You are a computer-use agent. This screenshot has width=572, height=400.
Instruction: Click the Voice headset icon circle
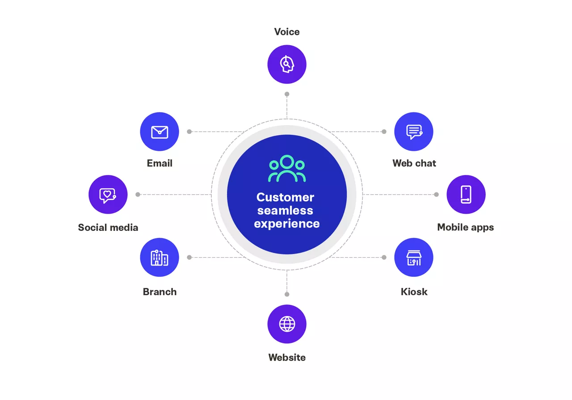pyautogui.click(x=287, y=64)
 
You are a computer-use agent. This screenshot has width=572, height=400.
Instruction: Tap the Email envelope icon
pyautogui.click(x=160, y=132)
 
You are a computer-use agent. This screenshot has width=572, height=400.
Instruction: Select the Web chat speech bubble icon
pyautogui.click(x=414, y=132)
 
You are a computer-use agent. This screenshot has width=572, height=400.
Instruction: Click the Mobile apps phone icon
pyautogui.click(x=466, y=195)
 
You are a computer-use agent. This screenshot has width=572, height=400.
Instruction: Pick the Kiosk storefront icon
pyautogui.click(x=414, y=258)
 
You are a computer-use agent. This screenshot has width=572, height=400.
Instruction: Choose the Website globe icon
pyautogui.click(x=287, y=324)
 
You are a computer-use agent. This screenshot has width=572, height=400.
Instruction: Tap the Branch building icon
pyautogui.click(x=160, y=258)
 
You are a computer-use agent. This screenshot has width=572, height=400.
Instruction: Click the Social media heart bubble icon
pyautogui.click(x=108, y=195)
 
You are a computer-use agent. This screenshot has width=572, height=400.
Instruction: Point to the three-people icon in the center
pyautogui.click(x=287, y=169)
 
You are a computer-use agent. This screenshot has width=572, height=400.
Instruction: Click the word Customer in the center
pyautogui.click(x=285, y=197)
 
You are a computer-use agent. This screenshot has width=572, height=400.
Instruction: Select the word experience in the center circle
pyautogui.click(x=287, y=223)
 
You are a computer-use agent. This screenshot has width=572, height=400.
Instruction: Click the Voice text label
pyautogui.click(x=287, y=32)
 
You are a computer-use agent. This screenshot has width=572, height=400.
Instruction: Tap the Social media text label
pyautogui.click(x=108, y=227)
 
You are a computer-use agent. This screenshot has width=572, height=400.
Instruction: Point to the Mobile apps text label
pyautogui.click(x=466, y=227)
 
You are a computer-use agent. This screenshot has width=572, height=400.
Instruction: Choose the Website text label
pyautogui.click(x=287, y=357)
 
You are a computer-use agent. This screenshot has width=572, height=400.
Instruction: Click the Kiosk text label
pyautogui.click(x=414, y=292)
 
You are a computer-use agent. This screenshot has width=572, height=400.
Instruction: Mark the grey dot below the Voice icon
pyautogui.click(x=287, y=94)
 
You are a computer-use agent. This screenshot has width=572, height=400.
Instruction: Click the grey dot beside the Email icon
pyautogui.click(x=189, y=132)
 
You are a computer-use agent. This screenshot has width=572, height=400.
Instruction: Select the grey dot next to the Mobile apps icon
pyautogui.click(x=436, y=195)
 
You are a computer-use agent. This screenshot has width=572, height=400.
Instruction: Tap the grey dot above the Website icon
pyautogui.click(x=287, y=294)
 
